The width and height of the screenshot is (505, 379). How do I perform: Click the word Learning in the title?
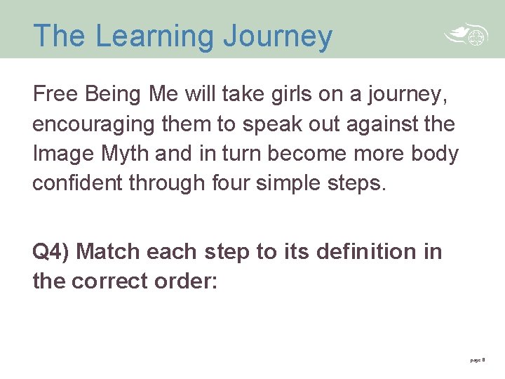pos(156,36)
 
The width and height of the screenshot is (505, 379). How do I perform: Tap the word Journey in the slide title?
pos(278,36)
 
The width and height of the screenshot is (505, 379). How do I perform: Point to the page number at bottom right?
pos(477,359)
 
